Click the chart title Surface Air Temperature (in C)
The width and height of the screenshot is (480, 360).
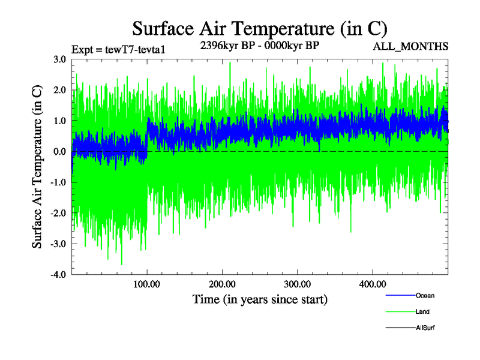260,29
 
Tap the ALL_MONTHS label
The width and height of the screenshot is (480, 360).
410,46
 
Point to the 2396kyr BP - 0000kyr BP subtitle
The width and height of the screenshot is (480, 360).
259,46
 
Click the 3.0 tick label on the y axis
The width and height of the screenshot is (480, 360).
59,59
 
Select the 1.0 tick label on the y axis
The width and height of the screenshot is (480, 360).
59,121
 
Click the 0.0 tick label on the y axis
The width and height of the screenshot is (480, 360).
59,152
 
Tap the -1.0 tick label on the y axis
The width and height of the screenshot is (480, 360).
58,182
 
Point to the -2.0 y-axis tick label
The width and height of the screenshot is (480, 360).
58,213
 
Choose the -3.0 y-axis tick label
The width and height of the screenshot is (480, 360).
58,244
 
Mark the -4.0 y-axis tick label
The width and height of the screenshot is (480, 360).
58,275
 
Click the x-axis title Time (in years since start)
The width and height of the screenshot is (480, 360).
260,299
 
